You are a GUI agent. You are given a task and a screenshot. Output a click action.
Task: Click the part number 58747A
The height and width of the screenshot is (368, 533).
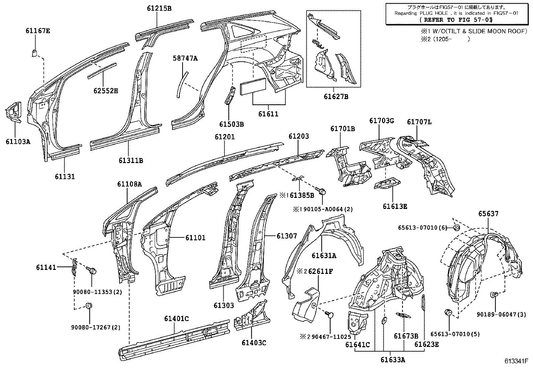(x=185, y=59)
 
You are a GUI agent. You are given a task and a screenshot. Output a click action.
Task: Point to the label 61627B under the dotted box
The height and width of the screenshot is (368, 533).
(x=336, y=97)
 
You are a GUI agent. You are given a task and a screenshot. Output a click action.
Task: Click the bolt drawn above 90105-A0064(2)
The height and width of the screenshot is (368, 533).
(x=323, y=192)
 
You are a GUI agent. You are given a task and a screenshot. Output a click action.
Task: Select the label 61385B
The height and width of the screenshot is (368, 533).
(x=302, y=195)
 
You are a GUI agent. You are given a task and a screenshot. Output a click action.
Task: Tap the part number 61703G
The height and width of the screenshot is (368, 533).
(x=382, y=121)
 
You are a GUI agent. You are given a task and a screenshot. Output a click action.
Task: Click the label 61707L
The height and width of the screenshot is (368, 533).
(x=419, y=122)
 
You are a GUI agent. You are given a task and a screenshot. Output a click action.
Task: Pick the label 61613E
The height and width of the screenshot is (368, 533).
(x=395, y=207)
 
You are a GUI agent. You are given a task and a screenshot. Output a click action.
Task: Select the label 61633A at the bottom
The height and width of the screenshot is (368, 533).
(x=393, y=360)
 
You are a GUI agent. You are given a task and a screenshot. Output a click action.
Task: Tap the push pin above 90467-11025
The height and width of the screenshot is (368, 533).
(x=329, y=314)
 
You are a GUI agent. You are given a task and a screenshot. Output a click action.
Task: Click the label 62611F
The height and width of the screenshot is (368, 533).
(x=320, y=271)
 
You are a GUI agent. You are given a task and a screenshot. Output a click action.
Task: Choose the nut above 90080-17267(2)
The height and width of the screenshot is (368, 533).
(x=89, y=306)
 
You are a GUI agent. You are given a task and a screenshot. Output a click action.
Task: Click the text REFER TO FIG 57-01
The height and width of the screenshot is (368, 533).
(x=456, y=20)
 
